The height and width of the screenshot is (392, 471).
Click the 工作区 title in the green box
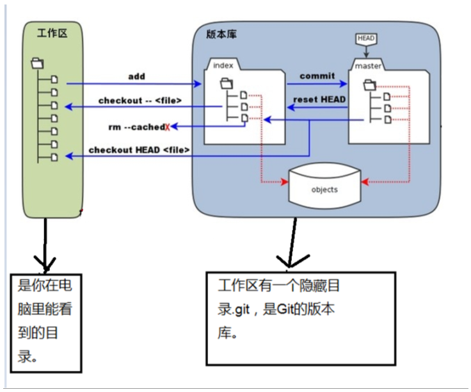pos(52,33)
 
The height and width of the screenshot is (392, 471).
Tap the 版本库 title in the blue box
pos(221,34)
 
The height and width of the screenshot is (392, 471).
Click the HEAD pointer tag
pos(366,39)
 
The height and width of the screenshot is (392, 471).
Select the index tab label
pos(223,65)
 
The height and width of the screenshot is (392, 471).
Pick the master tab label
pos(368,65)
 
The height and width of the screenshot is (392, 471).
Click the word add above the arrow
pos(137,76)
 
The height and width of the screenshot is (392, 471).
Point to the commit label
pos(317,76)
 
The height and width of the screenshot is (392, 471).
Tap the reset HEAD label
pos(319,99)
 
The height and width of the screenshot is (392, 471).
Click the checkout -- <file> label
pos(140,101)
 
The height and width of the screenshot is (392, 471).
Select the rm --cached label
pos(137,127)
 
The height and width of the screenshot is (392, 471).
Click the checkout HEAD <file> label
pos(139,150)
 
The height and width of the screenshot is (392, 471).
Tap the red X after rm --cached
pos(167,127)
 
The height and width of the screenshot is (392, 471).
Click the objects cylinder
pos(324,186)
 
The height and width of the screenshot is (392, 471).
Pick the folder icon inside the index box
pos(227,83)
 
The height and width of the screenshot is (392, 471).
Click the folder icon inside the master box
pos(370,85)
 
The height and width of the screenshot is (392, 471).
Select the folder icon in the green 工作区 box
pos(37,63)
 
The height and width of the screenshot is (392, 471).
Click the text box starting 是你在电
pos(46,323)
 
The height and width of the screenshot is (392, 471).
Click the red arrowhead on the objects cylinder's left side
pos(285,182)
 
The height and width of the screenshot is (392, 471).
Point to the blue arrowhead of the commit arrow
pos(344,83)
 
